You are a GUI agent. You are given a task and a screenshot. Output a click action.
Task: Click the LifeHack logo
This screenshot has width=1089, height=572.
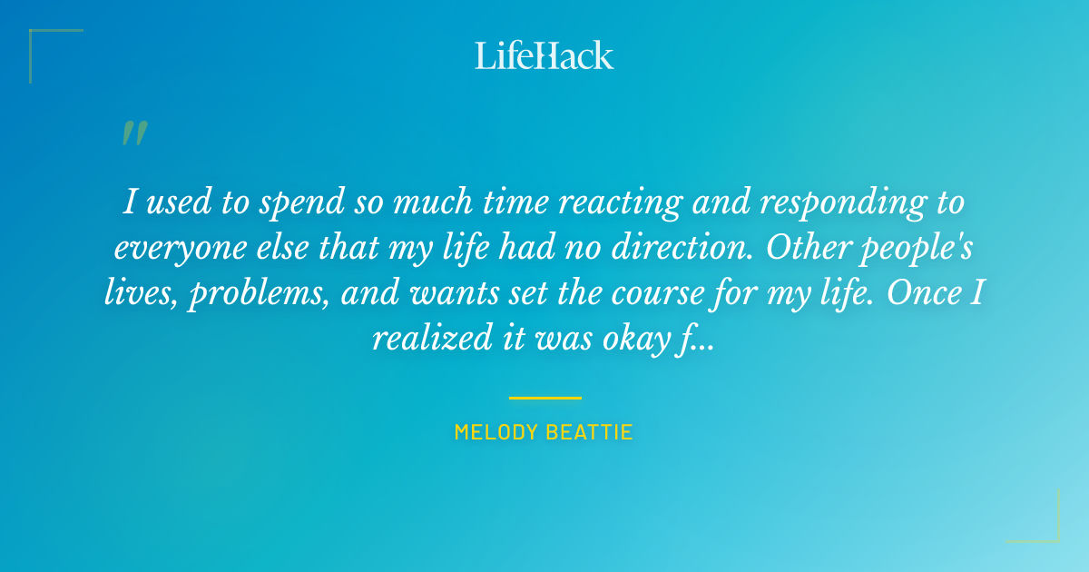(544, 55)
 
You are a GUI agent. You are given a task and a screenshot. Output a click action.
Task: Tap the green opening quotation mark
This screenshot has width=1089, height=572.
(134, 133)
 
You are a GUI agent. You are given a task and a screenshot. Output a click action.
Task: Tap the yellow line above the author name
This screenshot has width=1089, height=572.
(544, 398)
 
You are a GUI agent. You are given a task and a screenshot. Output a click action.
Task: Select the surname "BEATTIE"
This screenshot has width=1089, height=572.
(592, 432)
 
